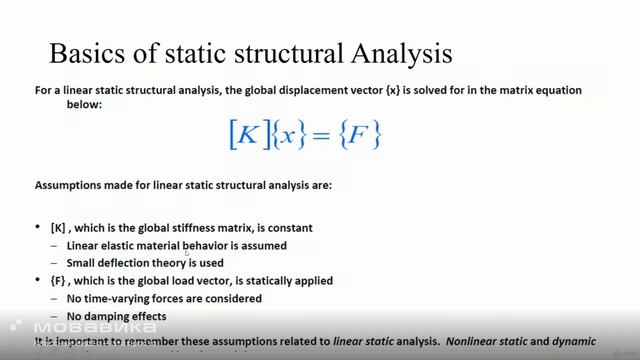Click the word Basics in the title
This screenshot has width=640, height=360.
click(x=86, y=51)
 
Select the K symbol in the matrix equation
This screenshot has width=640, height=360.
click(x=245, y=135)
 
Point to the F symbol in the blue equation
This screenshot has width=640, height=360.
click(x=363, y=135)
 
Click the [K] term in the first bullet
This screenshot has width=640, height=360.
click(x=58, y=228)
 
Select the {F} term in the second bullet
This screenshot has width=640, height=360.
click(x=58, y=281)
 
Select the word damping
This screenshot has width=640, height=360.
click(x=109, y=316)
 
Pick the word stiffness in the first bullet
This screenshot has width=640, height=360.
click(x=192, y=228)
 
